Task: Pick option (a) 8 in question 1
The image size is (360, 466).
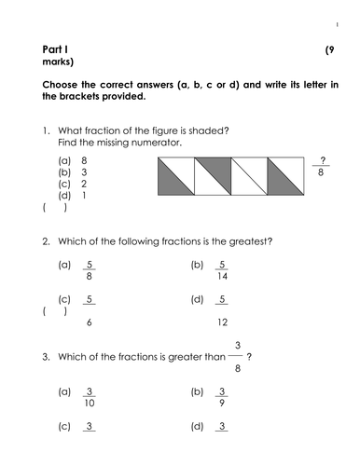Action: (x=75, y=161)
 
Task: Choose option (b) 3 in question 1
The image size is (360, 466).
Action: (x=75, y=173)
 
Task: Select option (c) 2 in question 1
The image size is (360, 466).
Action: (x=75, y=185)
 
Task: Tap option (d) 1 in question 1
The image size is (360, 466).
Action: (x=75, y=197)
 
